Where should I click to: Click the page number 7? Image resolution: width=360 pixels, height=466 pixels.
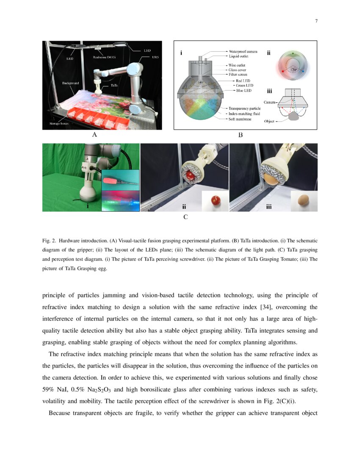[x=316, y=22]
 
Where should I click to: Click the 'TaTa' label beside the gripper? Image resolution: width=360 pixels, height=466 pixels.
[x=114, y=85]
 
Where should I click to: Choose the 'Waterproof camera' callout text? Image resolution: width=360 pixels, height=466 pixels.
[x=240, y=51]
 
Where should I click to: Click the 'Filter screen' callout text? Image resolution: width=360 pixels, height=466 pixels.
[x=238, y=74]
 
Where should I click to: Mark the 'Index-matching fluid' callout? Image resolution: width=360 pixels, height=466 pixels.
[x=244, y=114]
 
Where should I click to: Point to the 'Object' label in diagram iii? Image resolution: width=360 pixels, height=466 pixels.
[x=269, y=122]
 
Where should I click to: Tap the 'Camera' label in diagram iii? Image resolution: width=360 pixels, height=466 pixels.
[x=270, y=103]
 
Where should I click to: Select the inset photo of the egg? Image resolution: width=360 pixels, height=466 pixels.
[x=304, y=200]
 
